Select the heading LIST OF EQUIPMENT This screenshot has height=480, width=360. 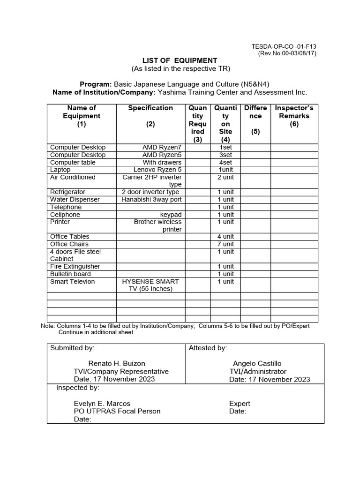tap(180, 60)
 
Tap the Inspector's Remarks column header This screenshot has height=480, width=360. tap(294, 116)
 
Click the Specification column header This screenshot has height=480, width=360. tap(150, 108)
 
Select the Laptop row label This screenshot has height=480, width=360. tap(60, 170)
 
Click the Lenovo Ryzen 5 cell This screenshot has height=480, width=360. tap(157, 170)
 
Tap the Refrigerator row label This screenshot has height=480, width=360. tap(68, 192)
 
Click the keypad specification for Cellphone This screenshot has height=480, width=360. tap(171, 214)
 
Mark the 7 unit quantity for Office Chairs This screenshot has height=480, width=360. tap(225, 244)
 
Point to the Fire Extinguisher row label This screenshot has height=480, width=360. tap(75, 266)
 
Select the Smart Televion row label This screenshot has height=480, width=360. tap(73, 281)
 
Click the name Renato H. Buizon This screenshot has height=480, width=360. tap(117, 363)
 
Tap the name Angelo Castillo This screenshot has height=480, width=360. tap(257, 363)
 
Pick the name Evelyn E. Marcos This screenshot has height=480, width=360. tap(102, 403)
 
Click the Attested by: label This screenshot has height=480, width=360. tap(208, 348)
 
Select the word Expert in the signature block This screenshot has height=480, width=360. tap(240, 403)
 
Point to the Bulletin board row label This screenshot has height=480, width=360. tap(71, 274)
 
